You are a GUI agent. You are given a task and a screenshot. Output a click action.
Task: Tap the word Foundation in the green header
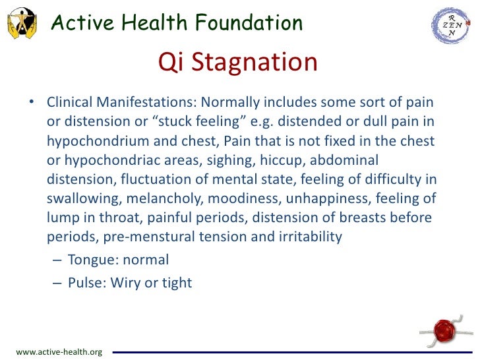tap(245, 23)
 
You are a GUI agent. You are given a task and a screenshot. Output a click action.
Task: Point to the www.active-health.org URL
tap(59, 352)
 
